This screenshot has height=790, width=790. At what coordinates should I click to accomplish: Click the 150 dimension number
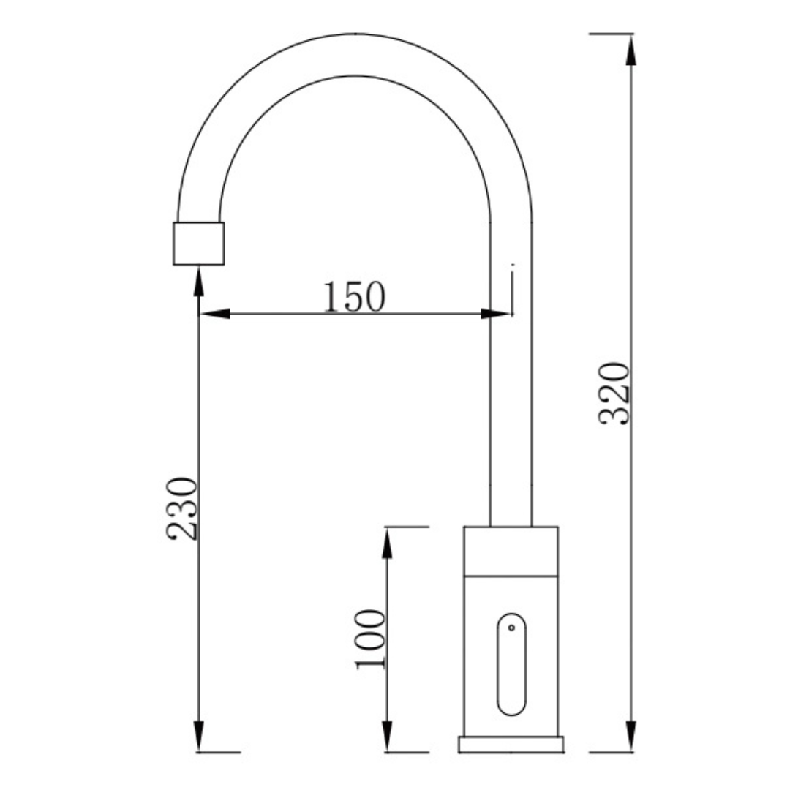click(354, 297)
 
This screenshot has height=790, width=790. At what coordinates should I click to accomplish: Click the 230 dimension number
click(182, 508)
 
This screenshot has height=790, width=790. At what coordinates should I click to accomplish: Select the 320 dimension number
click(614, 394)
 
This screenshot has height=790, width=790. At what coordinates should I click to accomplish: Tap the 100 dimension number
click(370, 640)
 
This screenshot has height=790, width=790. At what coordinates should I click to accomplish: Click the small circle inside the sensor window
click(511, 628)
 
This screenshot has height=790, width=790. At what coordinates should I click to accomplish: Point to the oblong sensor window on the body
click(511, 664)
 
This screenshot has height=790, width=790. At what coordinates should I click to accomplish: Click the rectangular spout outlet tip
click(198, 244)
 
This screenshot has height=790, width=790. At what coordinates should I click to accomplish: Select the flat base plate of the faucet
click(511, 745)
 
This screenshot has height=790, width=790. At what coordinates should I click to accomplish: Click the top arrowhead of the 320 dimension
click(631, 50)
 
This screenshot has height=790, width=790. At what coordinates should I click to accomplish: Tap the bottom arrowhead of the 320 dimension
click(631, 737)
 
